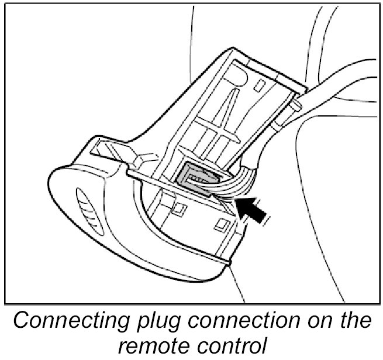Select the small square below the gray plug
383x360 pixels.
(x=178, y=207)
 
